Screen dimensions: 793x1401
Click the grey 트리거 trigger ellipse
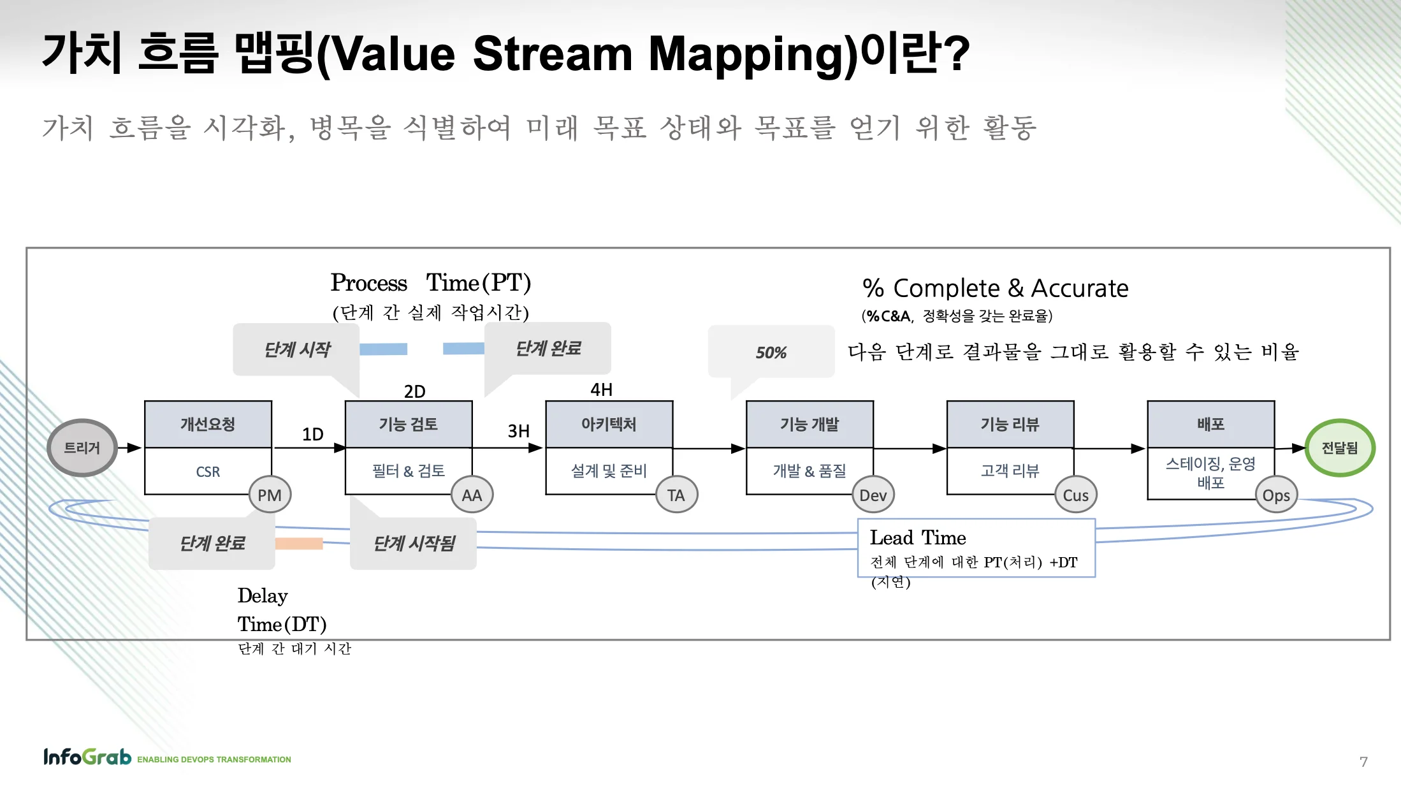click(82, 447)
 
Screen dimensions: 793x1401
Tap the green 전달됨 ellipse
click(1339, 447)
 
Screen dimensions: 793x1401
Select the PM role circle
click(270, 495)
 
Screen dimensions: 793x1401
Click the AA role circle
click(472, 495)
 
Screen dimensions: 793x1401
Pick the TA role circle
click(676, 495)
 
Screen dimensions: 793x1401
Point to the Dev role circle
click(873, 495)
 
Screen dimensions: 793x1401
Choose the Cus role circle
click(1075, 495)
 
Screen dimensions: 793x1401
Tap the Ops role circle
click(1276, 495)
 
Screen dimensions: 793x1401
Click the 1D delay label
click(312, 434)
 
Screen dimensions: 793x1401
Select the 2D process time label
click(414, 391)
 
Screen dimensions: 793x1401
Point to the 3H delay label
click(518, 432)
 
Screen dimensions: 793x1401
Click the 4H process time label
click(601, 389)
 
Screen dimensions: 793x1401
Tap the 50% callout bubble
click(771, 353)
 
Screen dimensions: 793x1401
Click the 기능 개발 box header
click(809, 425)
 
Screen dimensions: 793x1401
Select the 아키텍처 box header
click(609, 425)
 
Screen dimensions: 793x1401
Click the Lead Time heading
click(918, 537)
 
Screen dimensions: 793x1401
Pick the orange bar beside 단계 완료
click(299, 543)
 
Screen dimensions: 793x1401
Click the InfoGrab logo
click(87, 757)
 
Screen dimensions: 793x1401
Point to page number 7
click(1363, 762)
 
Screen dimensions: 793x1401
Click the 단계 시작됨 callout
click(414, 543)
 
